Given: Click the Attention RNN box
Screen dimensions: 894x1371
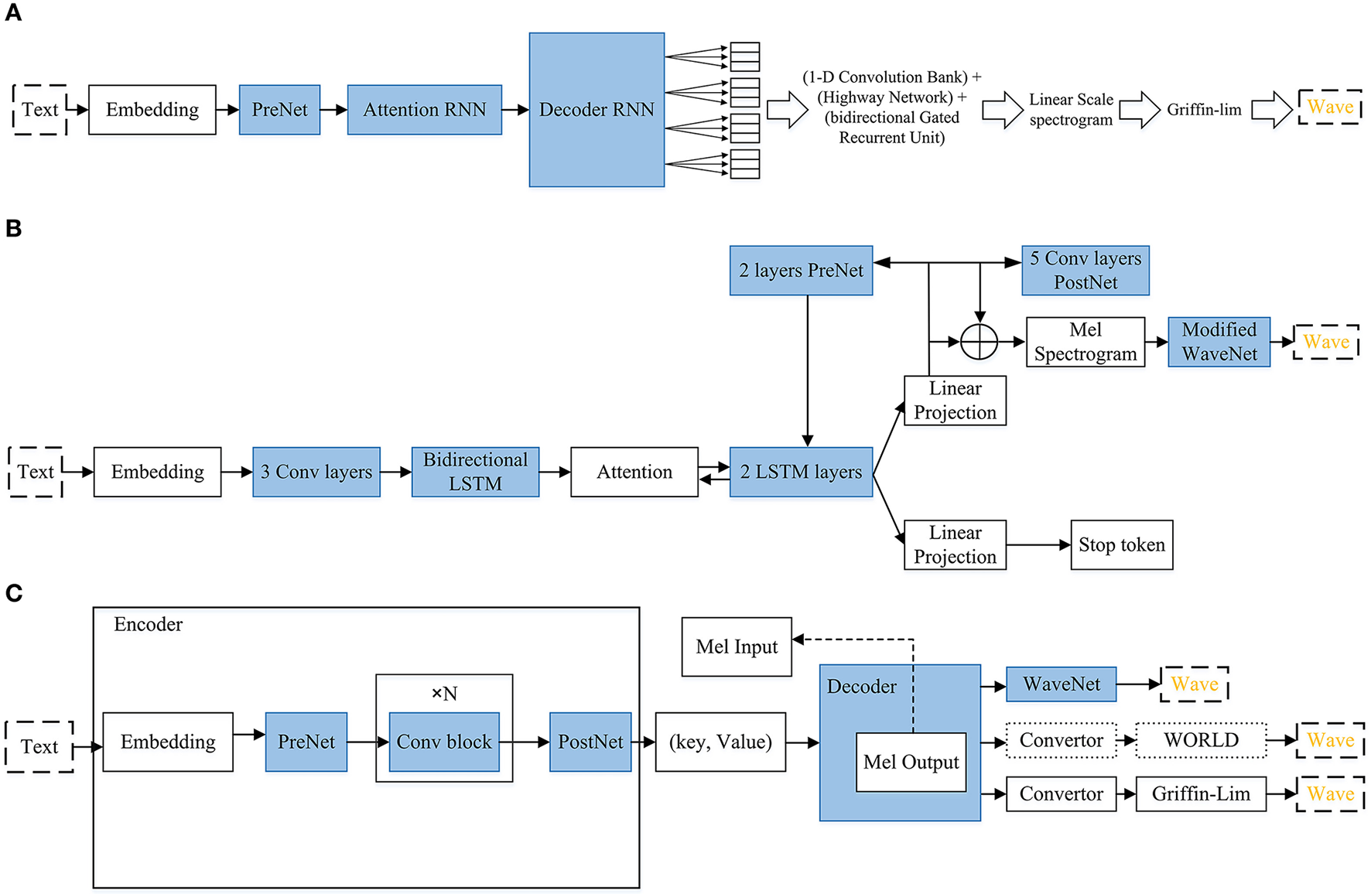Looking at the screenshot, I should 424,110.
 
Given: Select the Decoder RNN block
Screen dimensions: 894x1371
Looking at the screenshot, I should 597,110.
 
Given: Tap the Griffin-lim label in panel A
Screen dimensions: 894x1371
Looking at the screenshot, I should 1204,110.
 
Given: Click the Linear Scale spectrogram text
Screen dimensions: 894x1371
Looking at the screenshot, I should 1071,110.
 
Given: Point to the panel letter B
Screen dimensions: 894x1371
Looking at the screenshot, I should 13,228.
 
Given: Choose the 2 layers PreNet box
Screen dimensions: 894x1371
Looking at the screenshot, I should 801,271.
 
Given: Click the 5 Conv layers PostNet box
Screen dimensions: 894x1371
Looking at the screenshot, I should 1085,271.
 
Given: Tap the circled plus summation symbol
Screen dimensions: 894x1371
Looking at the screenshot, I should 979,341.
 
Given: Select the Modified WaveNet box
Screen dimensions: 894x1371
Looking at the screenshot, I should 1219,342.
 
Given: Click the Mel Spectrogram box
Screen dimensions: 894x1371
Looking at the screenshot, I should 1085,342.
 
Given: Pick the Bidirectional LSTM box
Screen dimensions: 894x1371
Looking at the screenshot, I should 475,472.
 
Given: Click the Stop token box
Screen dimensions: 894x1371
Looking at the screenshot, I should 1121,545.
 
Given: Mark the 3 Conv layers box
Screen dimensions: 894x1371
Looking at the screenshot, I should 316,472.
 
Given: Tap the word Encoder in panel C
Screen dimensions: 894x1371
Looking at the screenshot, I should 148,624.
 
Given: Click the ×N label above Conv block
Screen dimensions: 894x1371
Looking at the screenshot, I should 444,693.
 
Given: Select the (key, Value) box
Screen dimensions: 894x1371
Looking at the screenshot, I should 720,742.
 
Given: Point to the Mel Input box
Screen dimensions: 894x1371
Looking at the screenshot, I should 736,647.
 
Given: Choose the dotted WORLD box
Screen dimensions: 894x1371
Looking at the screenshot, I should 1201,740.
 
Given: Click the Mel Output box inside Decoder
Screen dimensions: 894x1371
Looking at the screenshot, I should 911,762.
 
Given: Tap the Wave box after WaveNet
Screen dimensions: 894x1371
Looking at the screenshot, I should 1194,684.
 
